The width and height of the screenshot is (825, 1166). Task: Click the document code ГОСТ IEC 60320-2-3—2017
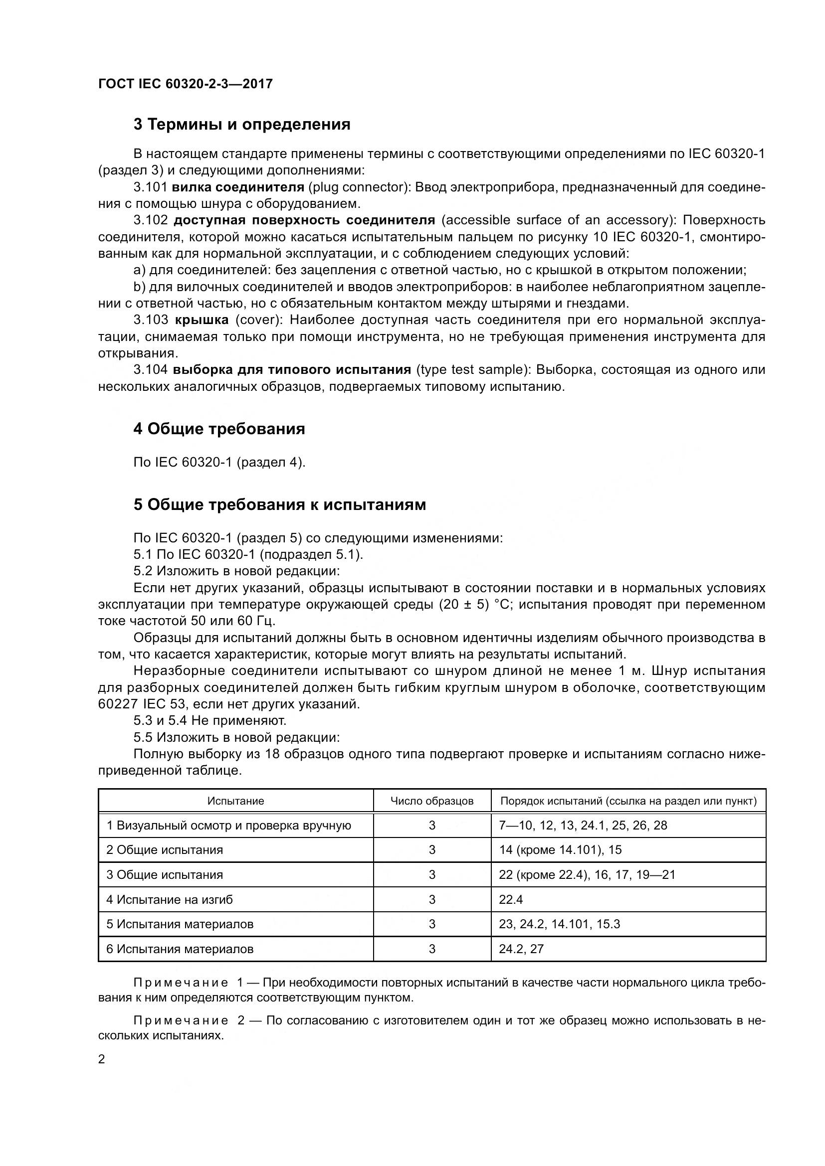pyautogui.click(x=186, y=84)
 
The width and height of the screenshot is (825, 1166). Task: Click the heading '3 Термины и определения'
pyautogui.click(x=242, y=125)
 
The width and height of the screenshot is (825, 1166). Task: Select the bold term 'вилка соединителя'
pyautogui.click(x=238, y=187)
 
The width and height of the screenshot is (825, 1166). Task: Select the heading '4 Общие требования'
pyautogui.click(x=219, y=429)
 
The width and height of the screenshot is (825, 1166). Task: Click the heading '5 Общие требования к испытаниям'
pyautogui.click(x=279, y=504)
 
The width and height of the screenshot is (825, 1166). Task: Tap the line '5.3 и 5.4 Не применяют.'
pyautogui.click(x=210, y=720)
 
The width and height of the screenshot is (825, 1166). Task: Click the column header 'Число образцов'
pyautogui.click(x=432, y=801)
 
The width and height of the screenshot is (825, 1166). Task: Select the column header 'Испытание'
pyautogui.click(x=236, y=801)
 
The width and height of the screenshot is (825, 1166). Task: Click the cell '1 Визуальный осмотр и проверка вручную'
pyautogui.click(x=228, y=825)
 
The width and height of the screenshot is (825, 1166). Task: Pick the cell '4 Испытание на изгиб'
pyautogui.click(x=170, y=899)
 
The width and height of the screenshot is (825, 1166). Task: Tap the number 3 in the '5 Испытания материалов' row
pyautogui.click(x=432, y=924)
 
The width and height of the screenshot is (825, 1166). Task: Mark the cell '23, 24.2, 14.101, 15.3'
pyautogui.click(x=559, y=924)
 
